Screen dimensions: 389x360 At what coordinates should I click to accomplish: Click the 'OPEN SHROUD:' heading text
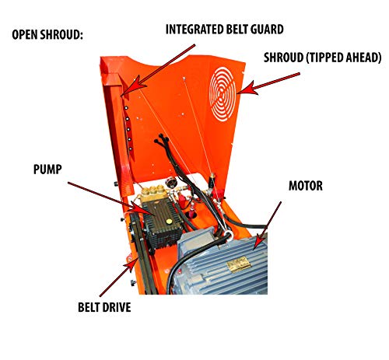[x=47, y=35]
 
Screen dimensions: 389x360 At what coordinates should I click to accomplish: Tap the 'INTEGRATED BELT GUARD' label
[x=225, y=30]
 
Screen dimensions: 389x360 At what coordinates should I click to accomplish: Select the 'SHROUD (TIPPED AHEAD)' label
[x=322, y=58]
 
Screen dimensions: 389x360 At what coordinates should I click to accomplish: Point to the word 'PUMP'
[x=47, y=170]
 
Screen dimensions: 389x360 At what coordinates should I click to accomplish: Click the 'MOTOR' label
[x=306, y=186]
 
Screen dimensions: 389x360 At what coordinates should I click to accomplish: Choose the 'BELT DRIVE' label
[x=104, y=307]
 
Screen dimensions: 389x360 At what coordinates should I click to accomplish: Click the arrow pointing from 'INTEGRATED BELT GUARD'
[x=158, y=70]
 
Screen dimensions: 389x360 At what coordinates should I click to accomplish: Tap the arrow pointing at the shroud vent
[x=268, y=83]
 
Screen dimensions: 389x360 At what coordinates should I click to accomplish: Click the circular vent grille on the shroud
[x=223, y=94]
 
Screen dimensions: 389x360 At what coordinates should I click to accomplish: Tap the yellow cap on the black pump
[x=169, y=222]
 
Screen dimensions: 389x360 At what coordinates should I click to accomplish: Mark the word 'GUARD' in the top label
[x=267, y=30]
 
